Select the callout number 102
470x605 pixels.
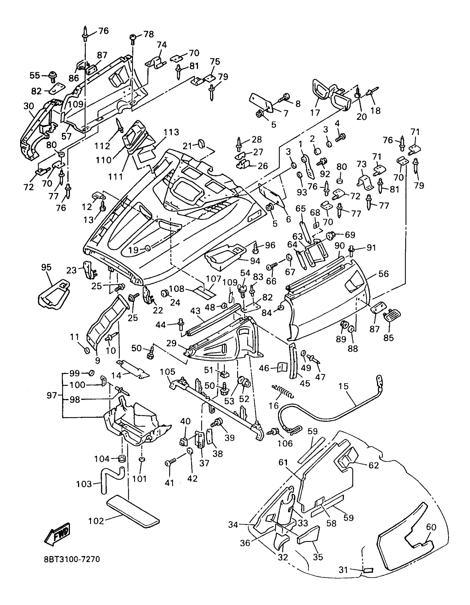click(96, 521)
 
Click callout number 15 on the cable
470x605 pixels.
click(343, 386)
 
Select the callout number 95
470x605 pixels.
click(46, 267)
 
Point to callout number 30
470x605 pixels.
click(29, 106)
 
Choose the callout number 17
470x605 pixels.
click(315, 112)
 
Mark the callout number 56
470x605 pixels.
click(383, 274)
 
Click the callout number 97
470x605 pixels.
click(52, 395)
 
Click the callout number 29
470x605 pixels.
click(171, 343)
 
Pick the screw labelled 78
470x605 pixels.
click(133, 38)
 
